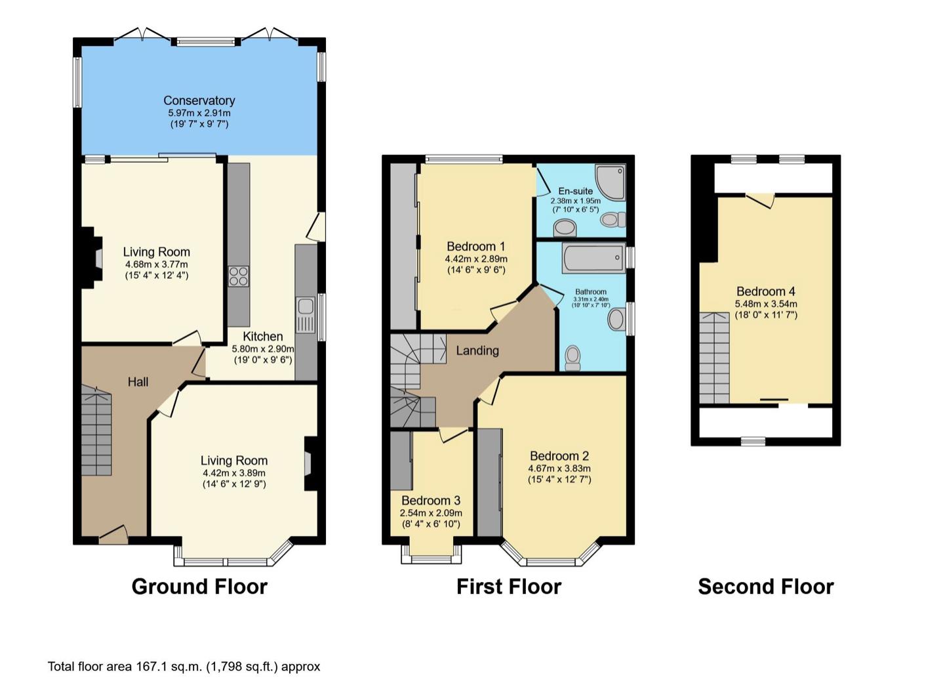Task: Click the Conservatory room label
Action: tap(199, 100)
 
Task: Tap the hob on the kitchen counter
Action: tap(239, 276)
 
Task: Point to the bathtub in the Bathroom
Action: tap(593, 258)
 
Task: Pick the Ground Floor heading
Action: tap(199, 587)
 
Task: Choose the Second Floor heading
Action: tap(766, 587)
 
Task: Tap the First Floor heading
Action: tap(509, 587)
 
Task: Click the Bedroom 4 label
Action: tap(766, 291)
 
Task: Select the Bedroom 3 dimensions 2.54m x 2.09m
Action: tap(431, 513)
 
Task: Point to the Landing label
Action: tap(477, 350)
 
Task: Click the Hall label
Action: tap(138, 382)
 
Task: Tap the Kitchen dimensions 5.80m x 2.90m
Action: tap(263, 348)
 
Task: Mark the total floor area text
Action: tap(184, 667)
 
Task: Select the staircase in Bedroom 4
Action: tap(714, 358)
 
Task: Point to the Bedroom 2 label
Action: tap(559, 455)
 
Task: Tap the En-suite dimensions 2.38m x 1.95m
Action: tap(576, 201)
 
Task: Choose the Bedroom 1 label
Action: tap(476, 246)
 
